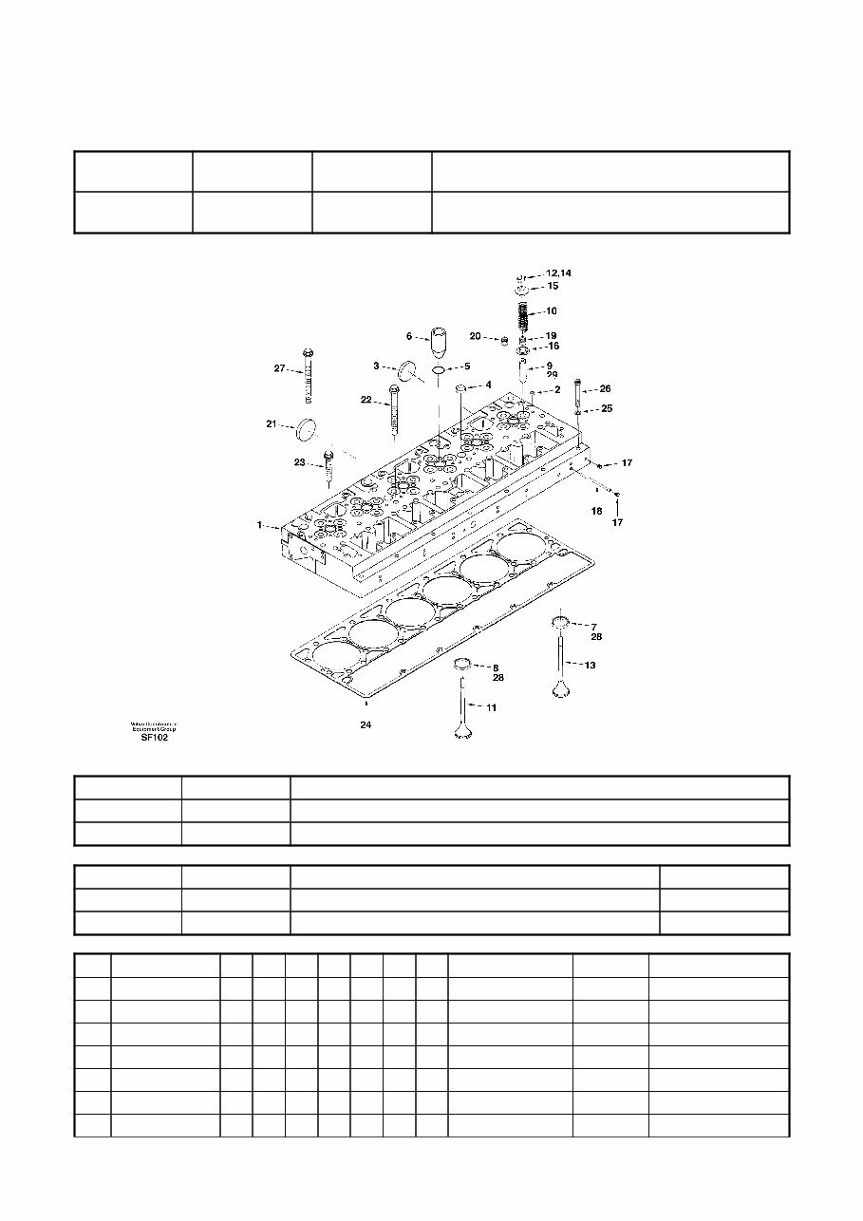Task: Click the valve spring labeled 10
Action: (522, 312)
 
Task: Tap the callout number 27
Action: (280, 368)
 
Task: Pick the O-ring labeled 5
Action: (438, 367)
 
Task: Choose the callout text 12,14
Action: (557, 273)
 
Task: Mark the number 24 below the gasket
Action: (366, 725)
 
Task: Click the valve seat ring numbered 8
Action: (462, 664)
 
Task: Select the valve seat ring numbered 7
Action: (561, 623)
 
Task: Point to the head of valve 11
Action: (463, 732)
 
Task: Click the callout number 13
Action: (590, 666)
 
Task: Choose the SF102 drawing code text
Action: (155, 738)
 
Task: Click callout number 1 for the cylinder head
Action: (258, 524)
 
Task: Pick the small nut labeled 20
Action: (506, 339)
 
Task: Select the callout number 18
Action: (596, 511)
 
